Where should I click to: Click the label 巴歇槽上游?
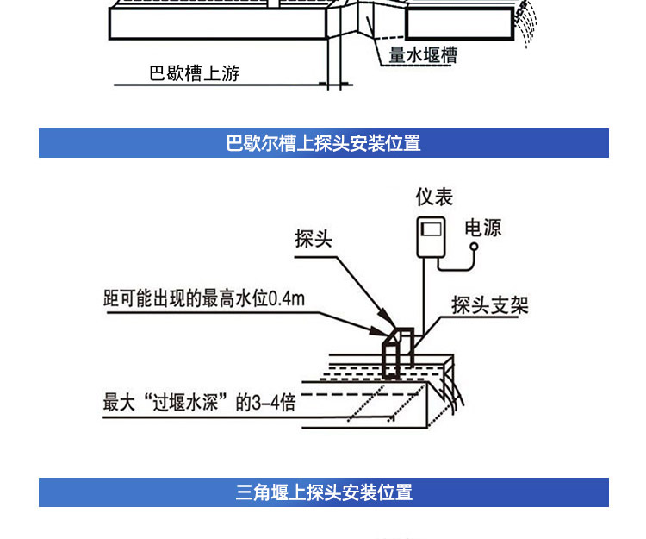pyautogui.click(x=194, y=73)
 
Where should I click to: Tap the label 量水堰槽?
pyautogui.click(x=422, y=55)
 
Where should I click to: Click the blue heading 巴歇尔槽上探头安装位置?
pyautogui.click(x=323, y=143)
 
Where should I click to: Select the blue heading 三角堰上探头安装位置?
pyautogui.click(x=323, y=492)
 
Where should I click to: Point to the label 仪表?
pyautogui.click(x=434, y=197)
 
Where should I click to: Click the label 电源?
pyautogui.click(x=482, y=228)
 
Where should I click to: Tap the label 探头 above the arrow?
pyautogui.click(x=313, y=239)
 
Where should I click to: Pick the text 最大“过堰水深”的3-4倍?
pyautogui.click(x=199, y=403)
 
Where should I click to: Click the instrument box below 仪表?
pyautogui.click(x=432, y=235)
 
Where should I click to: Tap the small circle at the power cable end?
pyautogui.click(x=473, y=247)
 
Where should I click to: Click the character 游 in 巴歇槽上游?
pyautogui.click(x=229, y=73)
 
